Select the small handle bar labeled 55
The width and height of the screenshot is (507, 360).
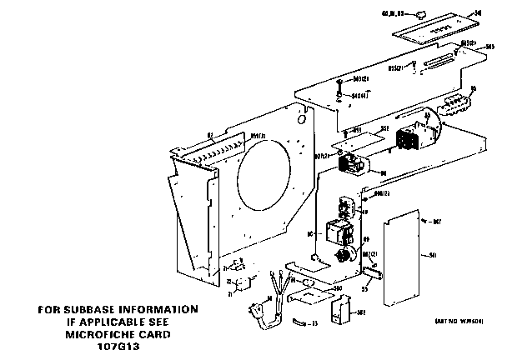[373, 272]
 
